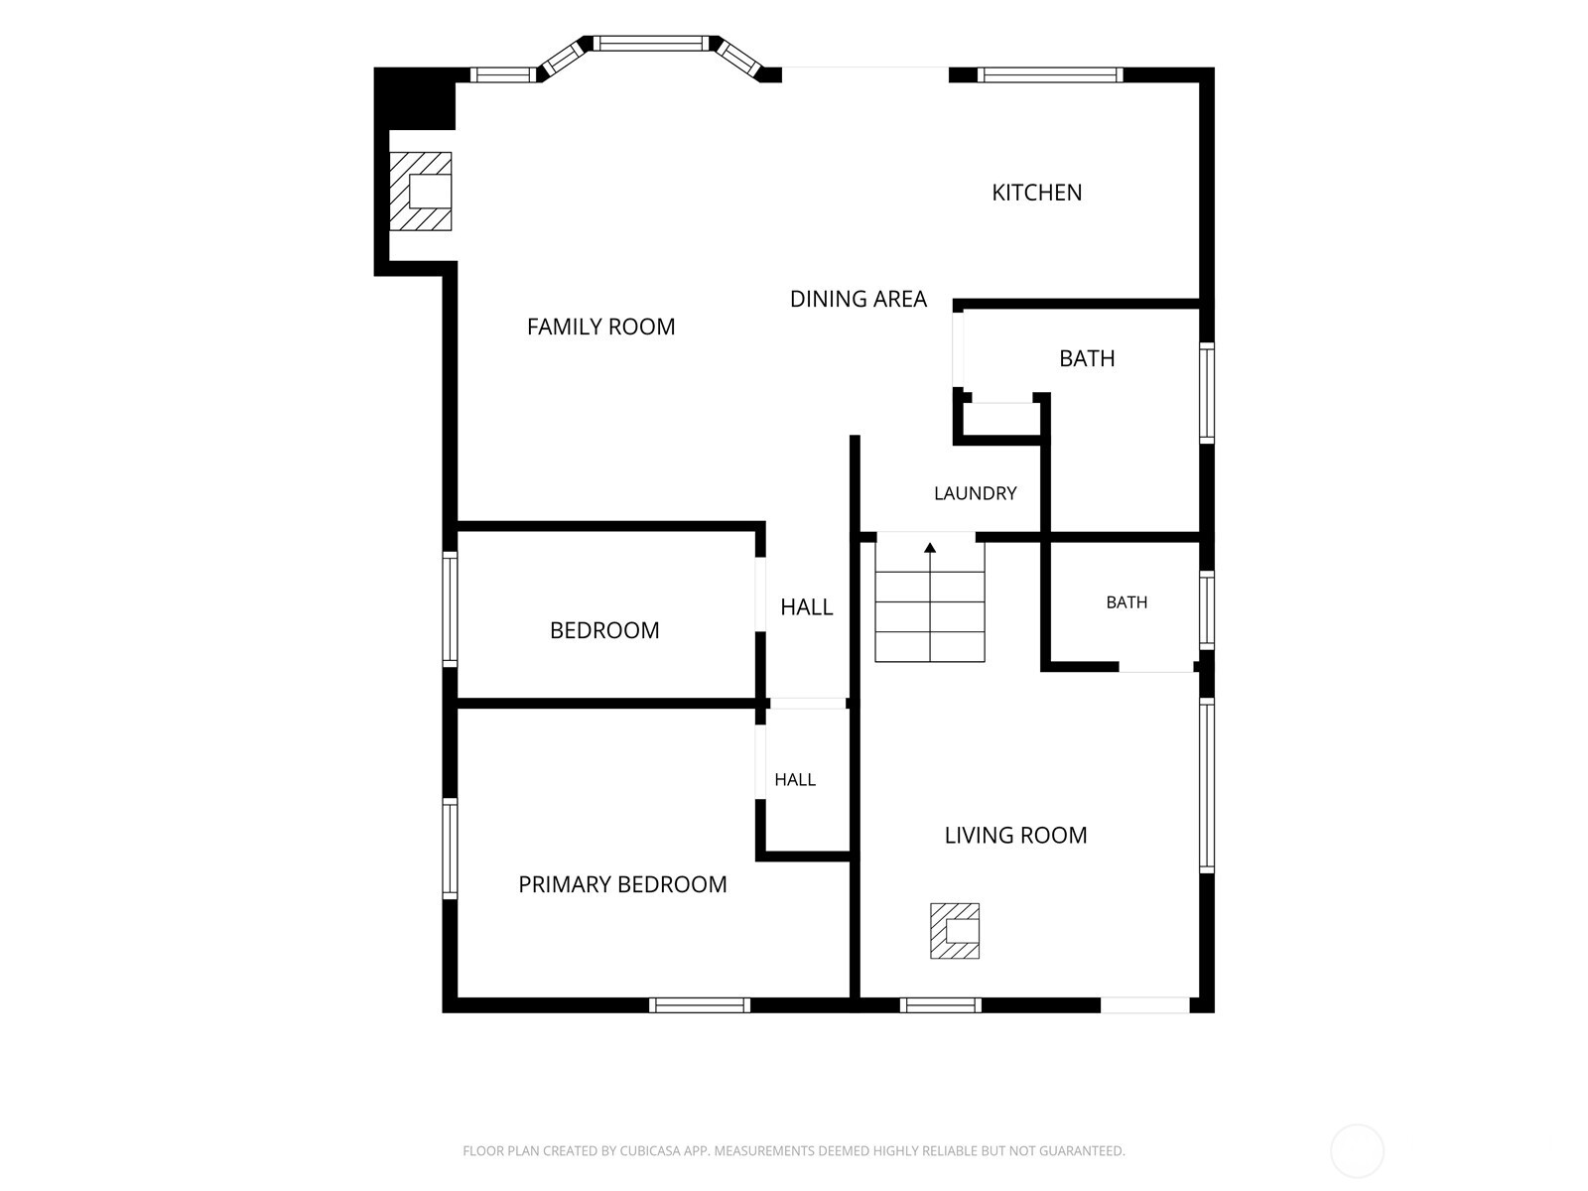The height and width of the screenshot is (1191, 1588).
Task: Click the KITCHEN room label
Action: pyautogui.click(x=1036, y=193)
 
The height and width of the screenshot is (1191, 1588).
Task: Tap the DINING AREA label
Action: pyautogui.click(x=859, y=299)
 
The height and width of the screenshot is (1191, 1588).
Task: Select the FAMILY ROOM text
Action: pyautogui.click(x=600, y=327)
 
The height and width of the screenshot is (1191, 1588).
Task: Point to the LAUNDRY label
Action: pyautogui.click(x=976, y=493)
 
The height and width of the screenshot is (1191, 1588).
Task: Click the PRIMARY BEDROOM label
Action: pyautogui.click(x=622, y=884)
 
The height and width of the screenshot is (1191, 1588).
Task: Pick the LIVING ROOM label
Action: pyautogui.click(x=1015, y=836)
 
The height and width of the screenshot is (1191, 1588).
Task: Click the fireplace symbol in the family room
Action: pyautogui.click(x=421, y=191)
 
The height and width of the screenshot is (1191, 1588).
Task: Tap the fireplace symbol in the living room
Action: pyautogui.click(x=954, y=931)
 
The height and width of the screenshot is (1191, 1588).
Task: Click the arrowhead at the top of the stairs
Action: pyautogui.click(x=930, y=548)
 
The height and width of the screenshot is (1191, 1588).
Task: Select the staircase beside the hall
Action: pyautogui.click(x=930, y=601)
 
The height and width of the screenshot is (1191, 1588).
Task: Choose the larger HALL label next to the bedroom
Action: pyautogui.click(x=806, y=606)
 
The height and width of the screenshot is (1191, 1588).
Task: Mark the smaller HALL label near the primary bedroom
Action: pyautogui.click(x=794, y=779)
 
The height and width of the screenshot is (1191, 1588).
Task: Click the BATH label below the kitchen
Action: pyautogui.click(x=1087, y=358)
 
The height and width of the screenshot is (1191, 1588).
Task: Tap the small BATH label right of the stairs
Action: pyautogui.click(x=1126, y=602)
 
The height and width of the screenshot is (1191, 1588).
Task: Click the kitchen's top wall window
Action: pyautogui.click(x=1050, y=74)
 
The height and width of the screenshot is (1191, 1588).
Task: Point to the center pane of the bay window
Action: pyautogui.click(x=651, y=44)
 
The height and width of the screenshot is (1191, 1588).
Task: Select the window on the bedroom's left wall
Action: pyautogui.click(x=450, y=608)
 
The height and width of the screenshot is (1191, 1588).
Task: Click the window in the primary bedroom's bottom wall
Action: pyautogui.click(x=699, y=1004)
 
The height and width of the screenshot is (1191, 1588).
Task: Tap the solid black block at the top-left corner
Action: pyautogui.click(x=414, y=98)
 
